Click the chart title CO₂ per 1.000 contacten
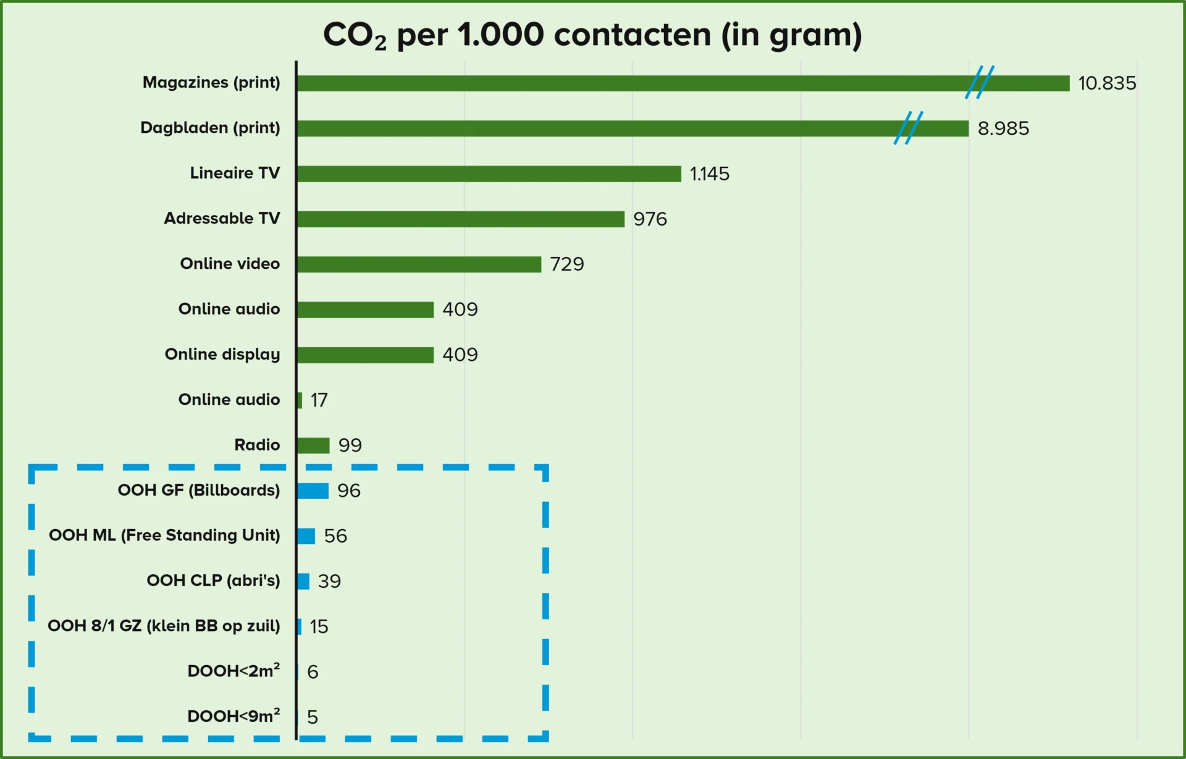(x=592, y=35)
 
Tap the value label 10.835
(x=1106, y=83)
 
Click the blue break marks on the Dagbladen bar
(x=908, y=128)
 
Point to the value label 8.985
(x=1003, y=129)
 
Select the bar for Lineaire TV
(x=488, y=174)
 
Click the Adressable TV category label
(x=222, y=218)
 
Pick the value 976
(x=650, y=219)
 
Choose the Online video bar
(x=418, y=264)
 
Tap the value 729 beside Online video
(x=566, y=265)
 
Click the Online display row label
(x=222, y=354)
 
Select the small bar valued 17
(x=300, y=400)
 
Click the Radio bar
(x=313, y=445)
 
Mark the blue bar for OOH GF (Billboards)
(x=312, y=491)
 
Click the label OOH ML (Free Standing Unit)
(x=164, y=535)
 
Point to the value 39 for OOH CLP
(x=329, y=581)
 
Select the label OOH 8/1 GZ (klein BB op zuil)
(x=164, y=626)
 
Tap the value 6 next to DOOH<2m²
(x=313, y=672)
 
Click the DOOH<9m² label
(x=233, y=716)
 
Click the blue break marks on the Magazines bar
(x=980, y=82)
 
